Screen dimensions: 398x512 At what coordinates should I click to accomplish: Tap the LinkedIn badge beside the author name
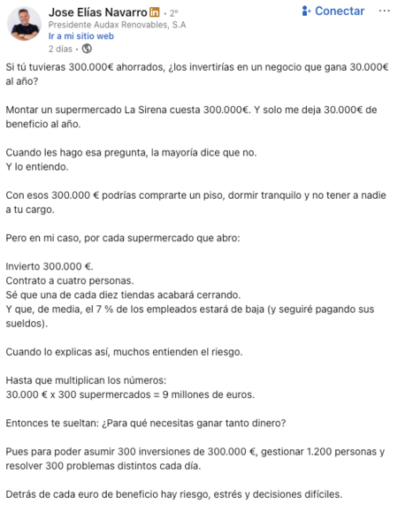(x=155, y=11)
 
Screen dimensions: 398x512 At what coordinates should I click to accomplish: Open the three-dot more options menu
(x=382, y=11)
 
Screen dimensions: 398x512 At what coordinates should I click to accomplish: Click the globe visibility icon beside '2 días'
(x=87, y=49)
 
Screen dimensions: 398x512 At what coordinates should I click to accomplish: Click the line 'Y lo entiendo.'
(x=36, y=165)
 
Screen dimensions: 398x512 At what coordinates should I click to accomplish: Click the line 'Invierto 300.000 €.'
(x=50, y=264)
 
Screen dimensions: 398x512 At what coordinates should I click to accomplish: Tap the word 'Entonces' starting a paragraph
(x=30, y=423)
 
